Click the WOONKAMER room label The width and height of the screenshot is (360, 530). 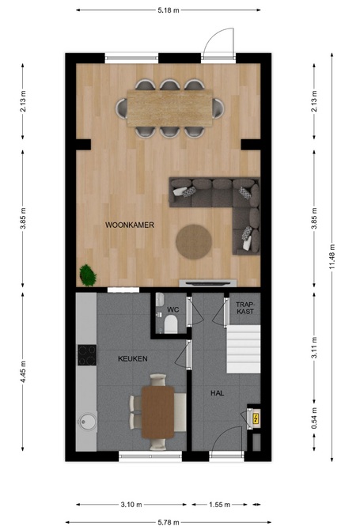click(x=130, y=225)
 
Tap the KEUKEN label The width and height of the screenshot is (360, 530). click(x=132, y=358)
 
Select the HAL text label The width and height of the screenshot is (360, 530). click(x=217, y=393)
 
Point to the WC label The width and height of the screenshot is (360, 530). click(x=173, y=309)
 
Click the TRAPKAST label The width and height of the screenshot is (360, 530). click(x=245, y=308)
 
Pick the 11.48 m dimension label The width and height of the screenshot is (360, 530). click(x=332, y=257)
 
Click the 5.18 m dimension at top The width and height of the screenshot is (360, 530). click(x=169, y=10)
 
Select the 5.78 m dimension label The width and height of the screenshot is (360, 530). click(x=169, y=523)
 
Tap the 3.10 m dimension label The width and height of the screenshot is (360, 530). click(x=131, y=505)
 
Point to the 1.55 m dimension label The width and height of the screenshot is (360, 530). click(x=219, y=505)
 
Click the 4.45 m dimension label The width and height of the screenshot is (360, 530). click(x=23, y=372)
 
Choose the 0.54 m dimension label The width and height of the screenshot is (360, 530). click(x=314, y=418)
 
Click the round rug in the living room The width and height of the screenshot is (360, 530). click(x=194, y=242)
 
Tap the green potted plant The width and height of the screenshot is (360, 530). click(x=88, y=275)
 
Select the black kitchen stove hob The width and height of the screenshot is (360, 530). click(x=87, y=355)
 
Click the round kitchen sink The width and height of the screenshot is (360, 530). click(x=88, y=421)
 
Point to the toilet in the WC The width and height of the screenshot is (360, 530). click(x=171, y=324)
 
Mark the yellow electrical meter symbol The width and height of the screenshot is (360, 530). click(x=256, y=418)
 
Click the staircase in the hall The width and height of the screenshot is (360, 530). click(x=244, y=349)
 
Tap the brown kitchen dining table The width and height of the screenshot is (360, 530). click(x=157, y=412)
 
